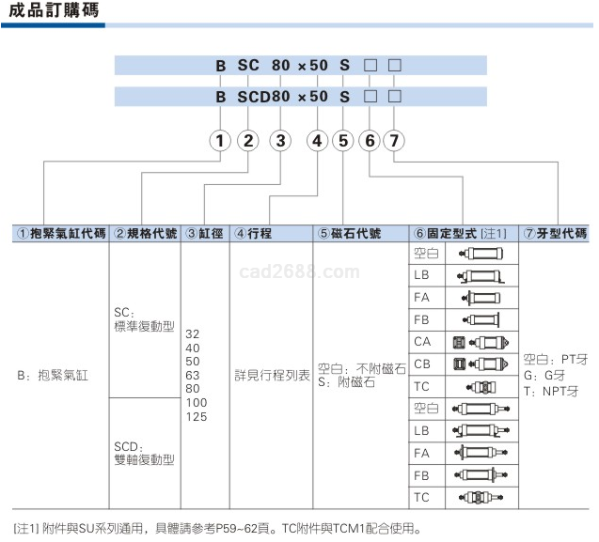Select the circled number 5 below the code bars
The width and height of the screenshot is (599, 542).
click(343, 141)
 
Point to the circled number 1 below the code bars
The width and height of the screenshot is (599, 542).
click(220, 141)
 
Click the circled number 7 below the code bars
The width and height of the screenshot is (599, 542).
click(394, 141)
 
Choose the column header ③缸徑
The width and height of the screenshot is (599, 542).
click(204, 233)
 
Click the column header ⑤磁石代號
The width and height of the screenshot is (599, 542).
click(349, 233)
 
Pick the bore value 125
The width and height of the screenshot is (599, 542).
click(196, 416)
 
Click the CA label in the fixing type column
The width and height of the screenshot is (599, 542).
click(422, 341)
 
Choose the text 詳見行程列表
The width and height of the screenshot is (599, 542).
click(272, 375)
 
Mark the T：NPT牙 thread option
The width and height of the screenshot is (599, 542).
click(556, 390)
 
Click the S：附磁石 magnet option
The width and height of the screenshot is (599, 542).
click(346, 382)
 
